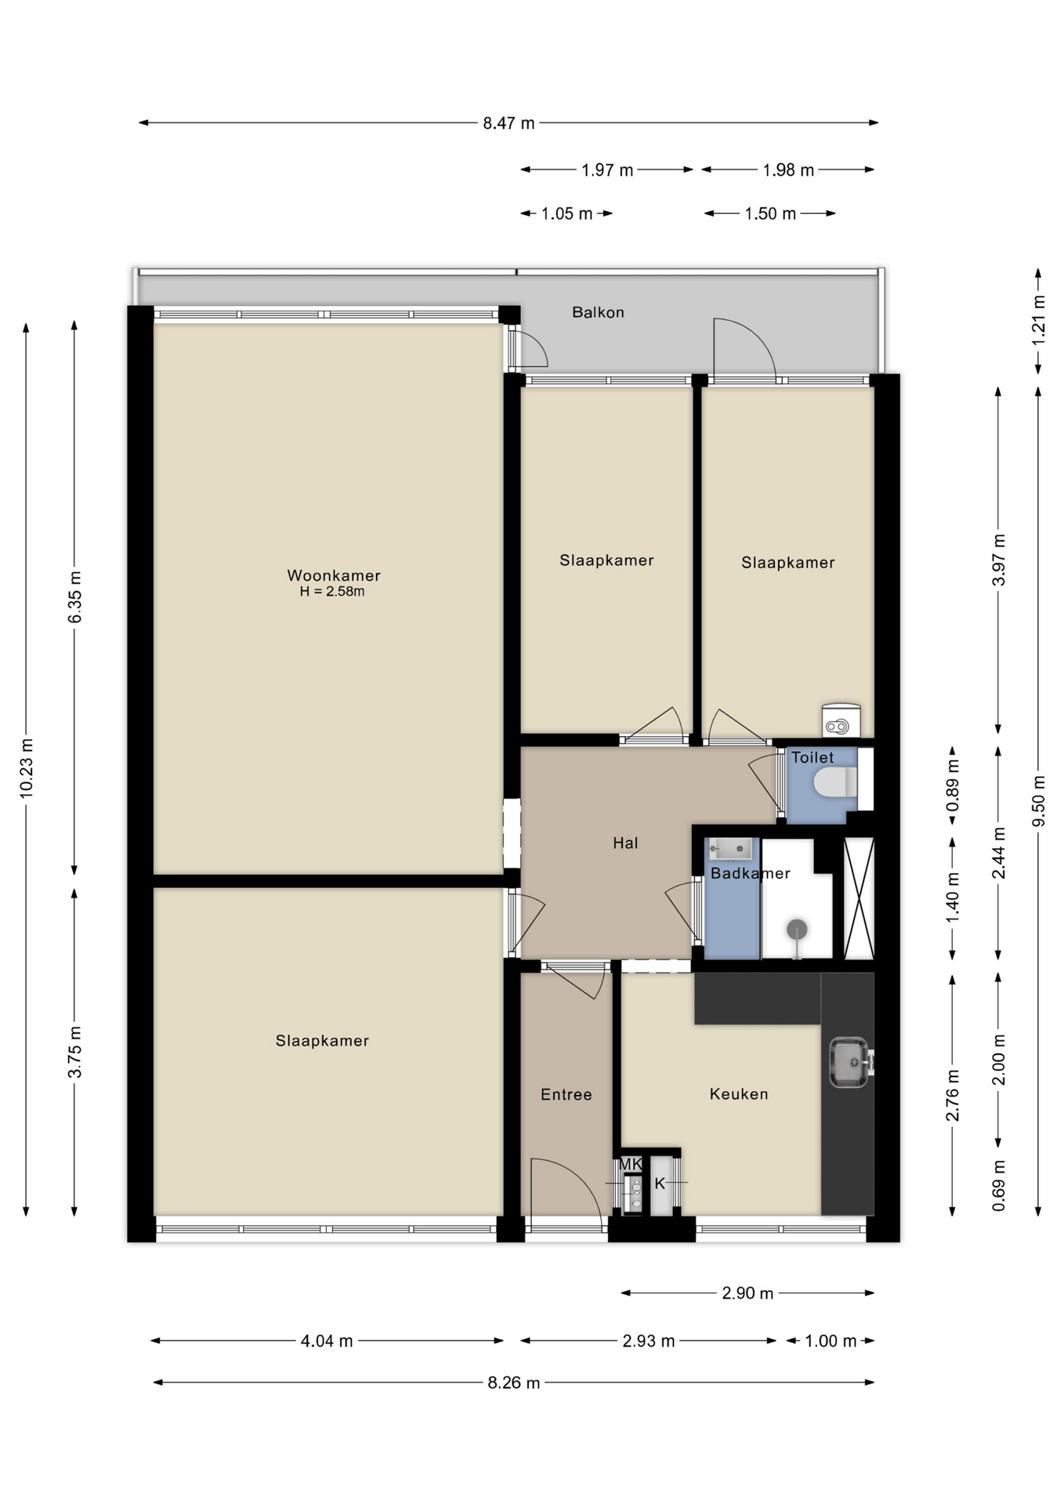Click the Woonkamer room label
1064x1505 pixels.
click(x=333, y=575)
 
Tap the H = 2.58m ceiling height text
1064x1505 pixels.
click(x=331, y=592)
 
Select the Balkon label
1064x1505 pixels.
click(x=598, y=312)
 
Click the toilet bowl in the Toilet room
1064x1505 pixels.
click(x=834, y=782)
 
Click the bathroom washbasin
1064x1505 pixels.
click(x=730, y=848)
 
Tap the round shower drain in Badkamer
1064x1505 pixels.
click(x=797, y=930)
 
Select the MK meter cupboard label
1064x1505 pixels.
click(x=630, y=1164)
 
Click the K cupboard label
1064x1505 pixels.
click(x=660, y=1183)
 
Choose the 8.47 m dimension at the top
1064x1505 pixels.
click(x=508, y=123)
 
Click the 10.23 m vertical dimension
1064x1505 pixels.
click(x=26, y=768)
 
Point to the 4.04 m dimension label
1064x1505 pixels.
click(x=327, y=1341)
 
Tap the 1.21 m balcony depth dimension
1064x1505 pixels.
click(x=1038, y=320)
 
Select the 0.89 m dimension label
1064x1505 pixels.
click(x=953, y=785)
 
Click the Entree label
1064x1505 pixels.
click(x=566, y=1094)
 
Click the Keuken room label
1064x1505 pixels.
click(x=738, y=1093)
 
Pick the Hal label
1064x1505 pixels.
click(x=625, y=843)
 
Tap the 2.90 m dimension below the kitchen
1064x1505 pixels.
click(x=747, y=1293)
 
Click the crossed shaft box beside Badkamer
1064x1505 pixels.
click(x=859, y=898)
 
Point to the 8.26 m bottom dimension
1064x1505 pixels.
click(x=513, y=1383)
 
